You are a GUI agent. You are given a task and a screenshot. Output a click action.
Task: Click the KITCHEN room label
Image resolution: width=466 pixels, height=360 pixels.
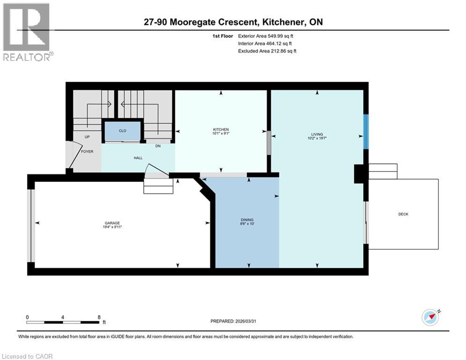click(x=221, y=129)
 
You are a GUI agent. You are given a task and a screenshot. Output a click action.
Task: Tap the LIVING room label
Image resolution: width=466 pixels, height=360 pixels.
click(x=317, y=134)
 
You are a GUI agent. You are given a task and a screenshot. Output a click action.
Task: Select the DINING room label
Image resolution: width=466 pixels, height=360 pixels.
click(x=247, y=220)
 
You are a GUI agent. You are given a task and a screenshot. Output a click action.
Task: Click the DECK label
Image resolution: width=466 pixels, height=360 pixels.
click(x=403, y=214)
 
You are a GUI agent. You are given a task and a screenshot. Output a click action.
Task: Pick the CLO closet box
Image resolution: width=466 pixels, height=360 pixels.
click(x=122, y=131)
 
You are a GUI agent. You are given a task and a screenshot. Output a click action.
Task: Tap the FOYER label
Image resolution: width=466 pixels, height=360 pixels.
click(x=87, y=151)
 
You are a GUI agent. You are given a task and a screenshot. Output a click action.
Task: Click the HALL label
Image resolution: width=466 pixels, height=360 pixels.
click(x=138, y=158)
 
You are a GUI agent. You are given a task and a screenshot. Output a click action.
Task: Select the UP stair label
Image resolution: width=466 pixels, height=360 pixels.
click(x=87, y=137)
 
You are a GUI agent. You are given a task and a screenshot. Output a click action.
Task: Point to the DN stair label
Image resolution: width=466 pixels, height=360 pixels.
click(x=158, y=146)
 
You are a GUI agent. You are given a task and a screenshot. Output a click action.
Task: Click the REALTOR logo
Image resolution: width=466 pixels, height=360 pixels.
click(x=27, y=32)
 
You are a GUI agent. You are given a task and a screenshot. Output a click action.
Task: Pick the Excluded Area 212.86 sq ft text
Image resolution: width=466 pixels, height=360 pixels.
click(x=267, y=51)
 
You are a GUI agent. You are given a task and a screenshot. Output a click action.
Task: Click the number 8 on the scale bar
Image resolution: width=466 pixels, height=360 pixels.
click(x=99, y=317)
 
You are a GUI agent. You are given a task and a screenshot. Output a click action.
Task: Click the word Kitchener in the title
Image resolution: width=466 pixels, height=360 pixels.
click(x=284, y=22)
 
